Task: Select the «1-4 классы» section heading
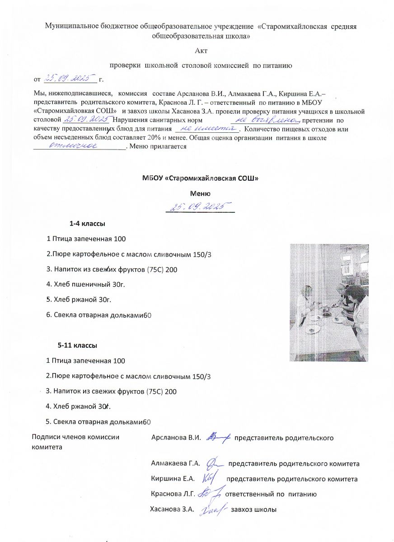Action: point(88,224)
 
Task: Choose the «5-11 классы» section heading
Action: point(77,346)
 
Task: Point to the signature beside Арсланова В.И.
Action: point(219,437)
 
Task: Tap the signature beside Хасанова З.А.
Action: point(212,509)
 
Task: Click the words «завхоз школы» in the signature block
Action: point(253,509)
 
